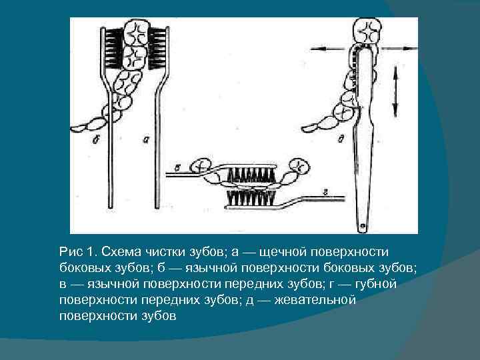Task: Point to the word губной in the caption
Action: coord(375,284)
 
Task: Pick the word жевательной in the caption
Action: coord(315,300)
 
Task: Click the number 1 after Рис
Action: coord(91,252)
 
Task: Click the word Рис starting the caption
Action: coord(71,253)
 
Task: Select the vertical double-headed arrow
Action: coord(395,91)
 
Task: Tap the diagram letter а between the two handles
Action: coord(146,140)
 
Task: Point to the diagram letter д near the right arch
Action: coord(341,139)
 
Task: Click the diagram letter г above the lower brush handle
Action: coord(326,193)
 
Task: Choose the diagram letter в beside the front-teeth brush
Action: coord(177,168)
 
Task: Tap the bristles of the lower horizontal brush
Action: coord(251,198)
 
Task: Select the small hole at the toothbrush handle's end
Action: coord(363,226)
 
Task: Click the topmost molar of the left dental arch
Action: coord(137,33)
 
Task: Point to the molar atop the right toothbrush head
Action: coord(367,31)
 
